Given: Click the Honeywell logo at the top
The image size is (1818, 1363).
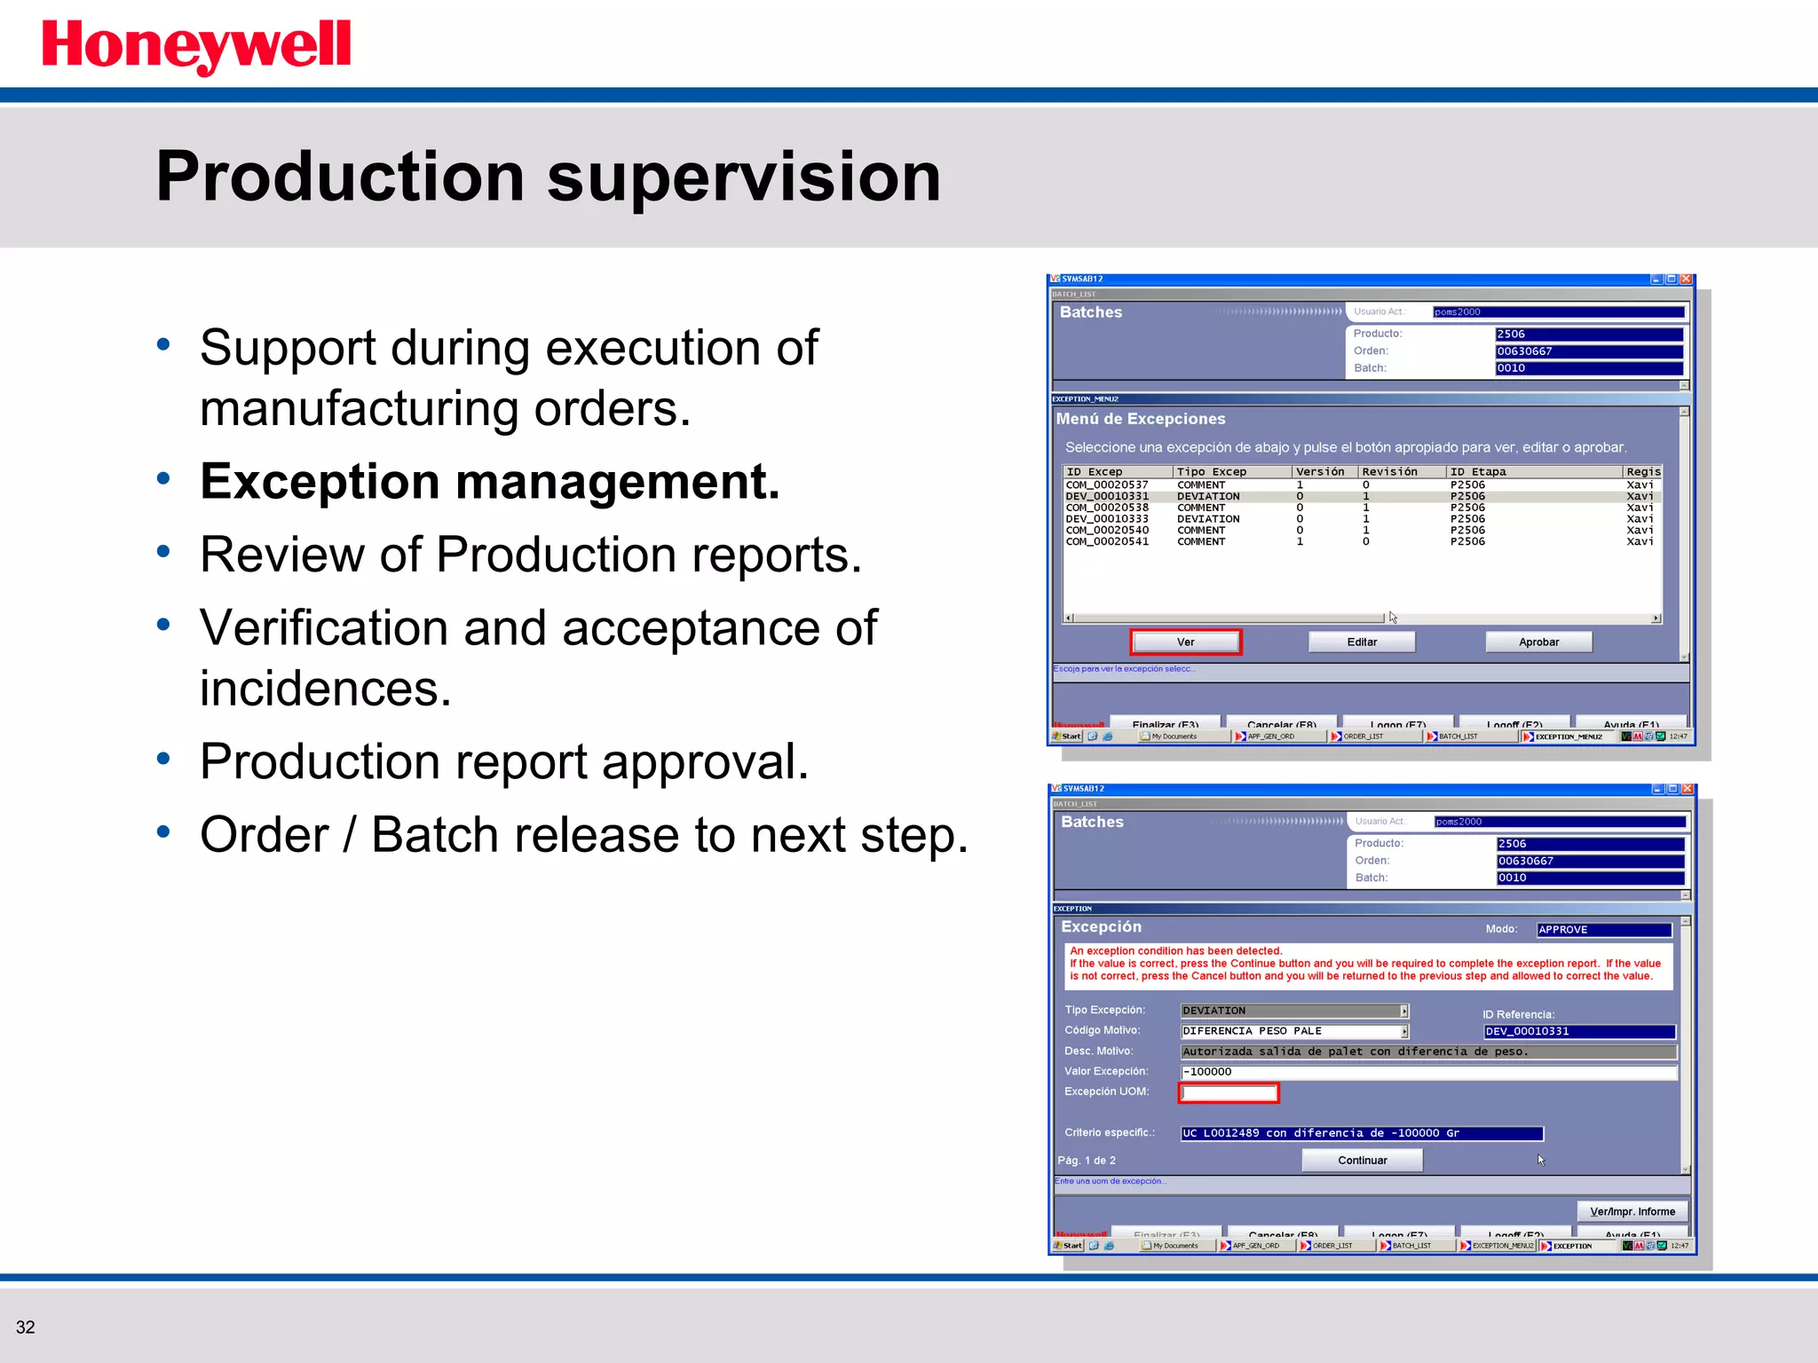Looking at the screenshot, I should coord(196,46).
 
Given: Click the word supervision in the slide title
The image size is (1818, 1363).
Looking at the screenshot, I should coord(743,177).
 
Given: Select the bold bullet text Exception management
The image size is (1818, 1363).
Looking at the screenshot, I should coord(489,482).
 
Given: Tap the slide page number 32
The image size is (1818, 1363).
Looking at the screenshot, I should coord(25,1327).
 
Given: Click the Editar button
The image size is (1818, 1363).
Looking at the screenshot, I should coord(1361,642).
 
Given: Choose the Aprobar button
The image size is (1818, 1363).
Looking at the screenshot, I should coord(1537,642).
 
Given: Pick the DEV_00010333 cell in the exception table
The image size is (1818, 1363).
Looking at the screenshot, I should coord(1107,519).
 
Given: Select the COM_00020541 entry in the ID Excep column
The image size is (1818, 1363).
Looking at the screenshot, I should coord(1107,541).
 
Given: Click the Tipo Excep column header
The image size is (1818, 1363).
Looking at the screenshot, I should coord(1211,472).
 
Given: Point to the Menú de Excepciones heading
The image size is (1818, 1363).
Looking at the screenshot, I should coord(1140,419).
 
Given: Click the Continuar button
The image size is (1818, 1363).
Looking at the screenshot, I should coord(1362,1160).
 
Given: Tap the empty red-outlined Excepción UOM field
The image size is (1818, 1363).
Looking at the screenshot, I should coord(1228,1092).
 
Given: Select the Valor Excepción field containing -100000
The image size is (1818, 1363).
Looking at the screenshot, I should coord(1427,1072).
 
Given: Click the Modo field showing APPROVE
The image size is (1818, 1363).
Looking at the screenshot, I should coord(1603,930).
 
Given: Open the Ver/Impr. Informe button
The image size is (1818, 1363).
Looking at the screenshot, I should coord(1632,1211).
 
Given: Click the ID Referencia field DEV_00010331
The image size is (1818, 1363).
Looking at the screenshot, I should coord(1578,1031).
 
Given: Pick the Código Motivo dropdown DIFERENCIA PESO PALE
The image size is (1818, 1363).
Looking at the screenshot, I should coord(1293,1031).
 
